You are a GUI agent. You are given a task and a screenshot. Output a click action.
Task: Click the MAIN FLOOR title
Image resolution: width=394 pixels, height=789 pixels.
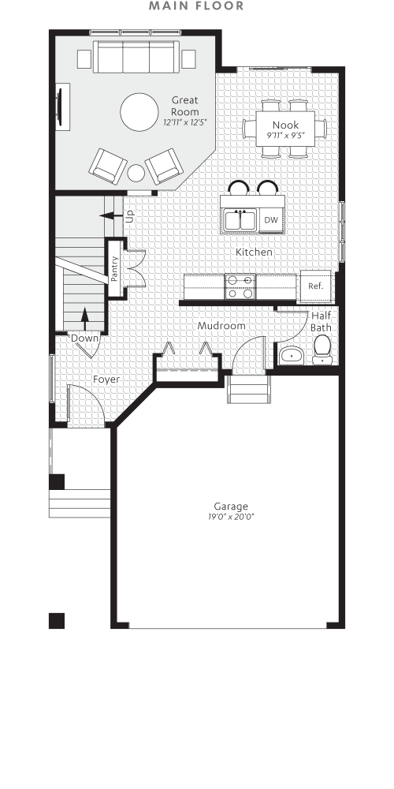pos(197,6)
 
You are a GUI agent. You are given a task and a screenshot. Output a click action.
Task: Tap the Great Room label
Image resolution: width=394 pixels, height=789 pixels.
pos(185,106)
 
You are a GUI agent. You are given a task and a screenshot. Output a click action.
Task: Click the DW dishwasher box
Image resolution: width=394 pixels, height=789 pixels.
pos(270,220)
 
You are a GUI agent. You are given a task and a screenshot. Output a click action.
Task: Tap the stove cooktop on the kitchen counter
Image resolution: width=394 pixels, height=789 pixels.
pos(240,286)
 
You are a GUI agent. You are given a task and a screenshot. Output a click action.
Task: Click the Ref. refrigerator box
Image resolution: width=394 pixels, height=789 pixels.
pos(316,286)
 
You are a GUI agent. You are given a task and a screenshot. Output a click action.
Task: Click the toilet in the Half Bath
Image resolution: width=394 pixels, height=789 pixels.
pos(322,350)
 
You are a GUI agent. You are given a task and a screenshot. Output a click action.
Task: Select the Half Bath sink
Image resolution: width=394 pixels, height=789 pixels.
pos(292,354)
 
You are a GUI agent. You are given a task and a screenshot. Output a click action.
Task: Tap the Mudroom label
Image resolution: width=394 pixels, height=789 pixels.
pos(221,325)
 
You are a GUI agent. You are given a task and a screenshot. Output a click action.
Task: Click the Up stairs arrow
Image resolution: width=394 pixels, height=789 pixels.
pos(110,214)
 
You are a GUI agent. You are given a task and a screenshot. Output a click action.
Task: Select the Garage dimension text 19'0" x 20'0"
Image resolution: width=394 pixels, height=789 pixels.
pos(231,518)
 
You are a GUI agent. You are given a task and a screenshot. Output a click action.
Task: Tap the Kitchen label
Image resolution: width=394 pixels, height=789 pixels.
pos(255,252)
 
